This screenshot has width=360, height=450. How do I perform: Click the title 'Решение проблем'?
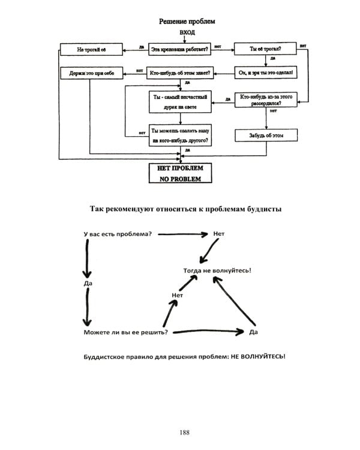pyautogui.click(x=187, y=21)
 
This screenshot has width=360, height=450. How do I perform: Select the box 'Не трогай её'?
pyautogui.click(x=91, y=48)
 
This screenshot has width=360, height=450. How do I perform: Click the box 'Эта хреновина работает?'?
pyautogui.click(x=179, y=48)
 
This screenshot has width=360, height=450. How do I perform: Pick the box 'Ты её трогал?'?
pyautogui.click(x=265, y=48)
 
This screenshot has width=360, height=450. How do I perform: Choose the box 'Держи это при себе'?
pyautogui.click(x=91, y=73)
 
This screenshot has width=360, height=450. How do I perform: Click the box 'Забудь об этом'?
pyautogui.click(x=265, y=136)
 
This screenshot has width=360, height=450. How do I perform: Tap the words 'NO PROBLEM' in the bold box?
pyautogui.click(x=180, y=178)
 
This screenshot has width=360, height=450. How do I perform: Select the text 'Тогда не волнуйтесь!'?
pyautogui.click(x=217, y=270)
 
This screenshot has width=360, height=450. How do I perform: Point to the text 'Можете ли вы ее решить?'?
pyautogui.click(x=125, y=332)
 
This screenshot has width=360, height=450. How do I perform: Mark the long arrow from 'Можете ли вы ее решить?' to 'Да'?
pyautogui.click(x=207, y=331)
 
